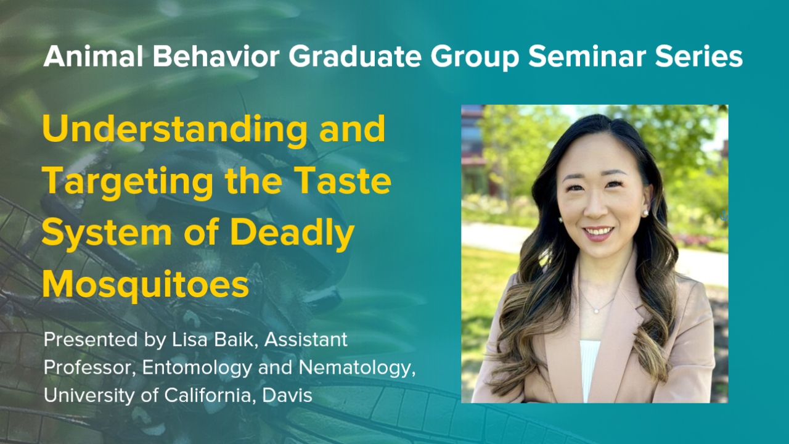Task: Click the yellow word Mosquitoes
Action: (x=146, y=285)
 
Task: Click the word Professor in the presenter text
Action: (x=89, y=368)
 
